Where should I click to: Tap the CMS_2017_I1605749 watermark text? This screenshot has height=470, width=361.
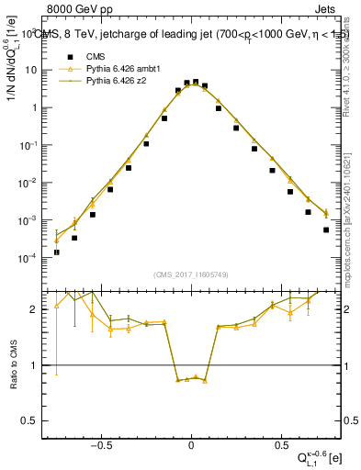click(x=190, y=275)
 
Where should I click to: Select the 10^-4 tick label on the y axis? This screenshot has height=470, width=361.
click(x=28, y=258)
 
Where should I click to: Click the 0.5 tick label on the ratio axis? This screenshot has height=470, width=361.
click(x=30, y=420)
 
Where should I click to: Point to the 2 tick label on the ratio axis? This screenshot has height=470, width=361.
click(x=35, y=309)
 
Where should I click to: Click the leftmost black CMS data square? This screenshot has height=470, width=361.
click(x=57, y=252)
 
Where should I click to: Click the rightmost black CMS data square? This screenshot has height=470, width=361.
click(x=326, y=229)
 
